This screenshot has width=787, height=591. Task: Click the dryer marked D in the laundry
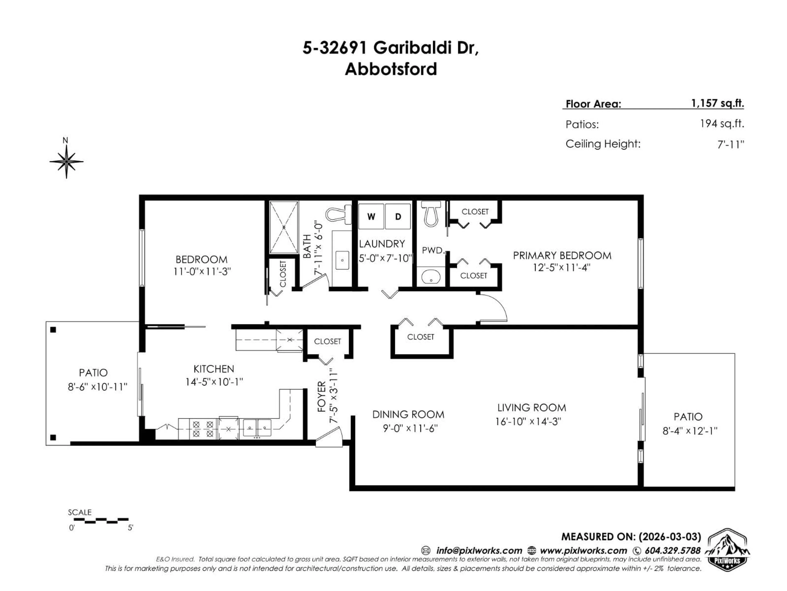click(398, 216)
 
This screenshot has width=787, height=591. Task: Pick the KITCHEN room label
click(214, 369)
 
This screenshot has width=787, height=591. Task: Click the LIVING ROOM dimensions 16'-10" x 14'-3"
click(528, 421)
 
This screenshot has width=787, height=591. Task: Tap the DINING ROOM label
click(408, 414)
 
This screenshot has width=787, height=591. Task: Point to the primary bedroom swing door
click(495, 308)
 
